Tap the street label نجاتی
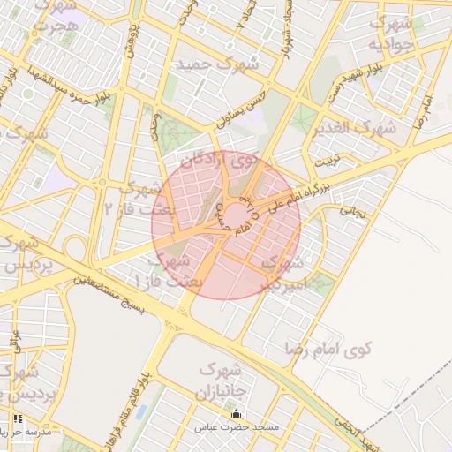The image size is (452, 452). [x=353, y=211]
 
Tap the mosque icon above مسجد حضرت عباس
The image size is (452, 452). [x=236, y=414]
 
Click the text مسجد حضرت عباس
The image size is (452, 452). [x=237, y=428]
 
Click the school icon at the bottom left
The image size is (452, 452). [x=17, y=418]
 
